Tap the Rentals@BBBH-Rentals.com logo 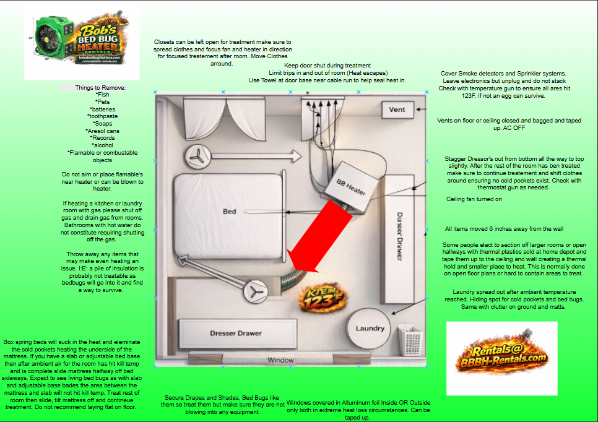pos(502,358)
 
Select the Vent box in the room pos(397,110)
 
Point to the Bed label pos(229,212)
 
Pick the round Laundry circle pos(370,328)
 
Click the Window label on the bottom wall pos(280,360)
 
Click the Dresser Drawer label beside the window pos(236,334)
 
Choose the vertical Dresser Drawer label pos(400,235)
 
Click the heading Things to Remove pos(100,88)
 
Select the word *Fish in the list pos(102,95)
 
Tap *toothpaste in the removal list pos(102,116)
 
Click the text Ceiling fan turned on pos(474,199)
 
